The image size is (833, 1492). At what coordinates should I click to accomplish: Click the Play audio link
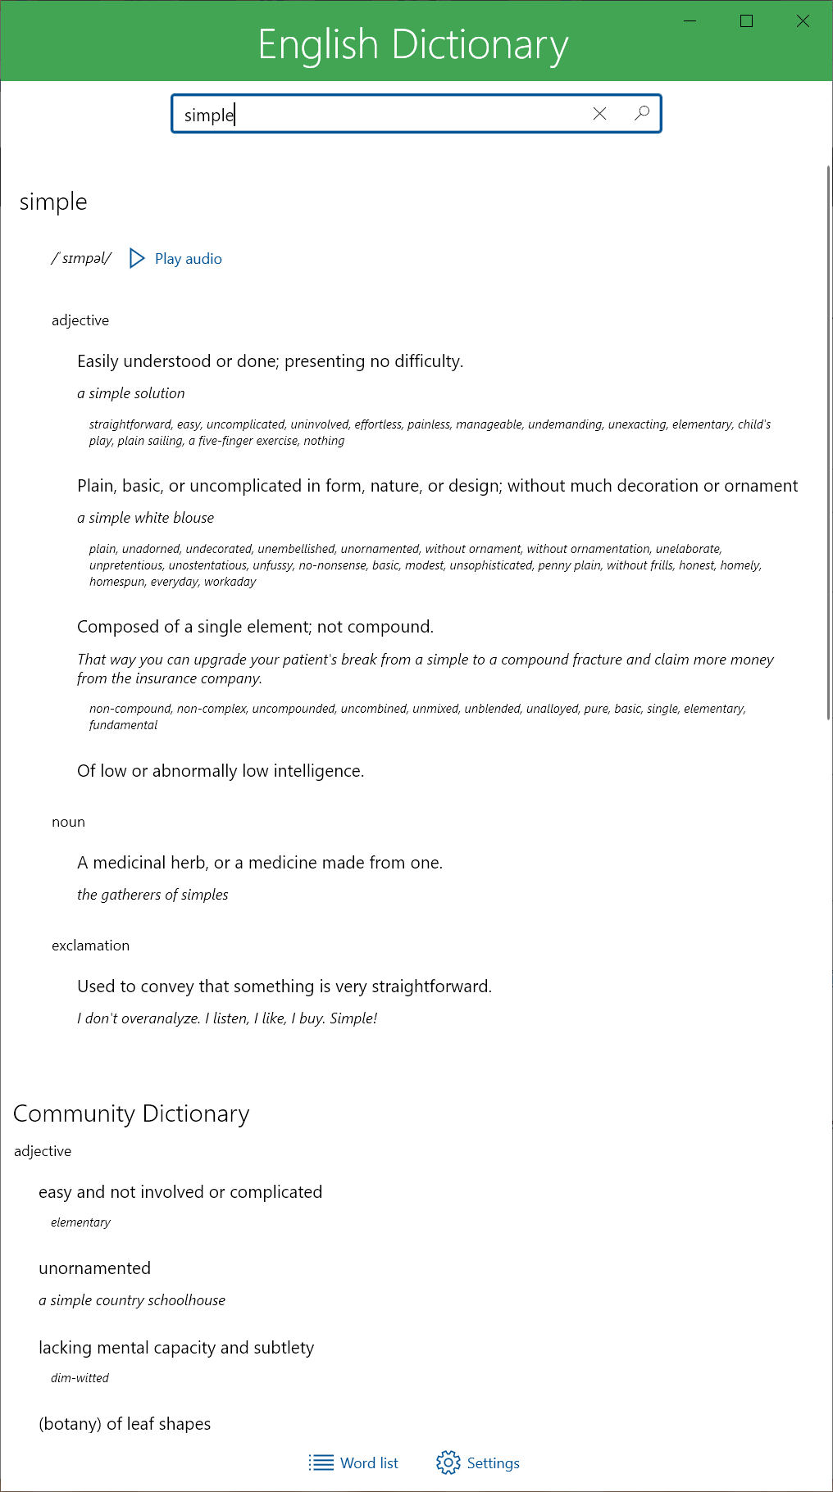[188, 259]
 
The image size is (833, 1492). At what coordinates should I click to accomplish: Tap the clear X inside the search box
[600, 114]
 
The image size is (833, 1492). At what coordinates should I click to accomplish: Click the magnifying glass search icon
[642, 113]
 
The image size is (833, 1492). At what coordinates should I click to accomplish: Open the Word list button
[354, 1463]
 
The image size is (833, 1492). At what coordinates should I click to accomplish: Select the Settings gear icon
[448, 1463]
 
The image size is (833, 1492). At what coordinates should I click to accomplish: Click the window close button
[803, 21]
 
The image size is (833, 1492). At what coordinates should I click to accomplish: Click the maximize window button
[746, 21]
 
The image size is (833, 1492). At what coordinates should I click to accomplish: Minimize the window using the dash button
[690, 21]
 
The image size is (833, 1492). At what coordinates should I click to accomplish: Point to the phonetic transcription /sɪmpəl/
[81, 259]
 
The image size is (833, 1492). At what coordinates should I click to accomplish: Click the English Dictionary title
[413, 44]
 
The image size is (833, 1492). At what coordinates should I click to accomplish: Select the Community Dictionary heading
[131, 1113]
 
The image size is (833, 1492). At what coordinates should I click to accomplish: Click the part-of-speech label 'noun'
[68, 822]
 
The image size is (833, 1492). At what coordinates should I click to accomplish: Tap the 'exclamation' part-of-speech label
[90, 946]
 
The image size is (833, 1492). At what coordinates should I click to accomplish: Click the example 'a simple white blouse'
[145, 518]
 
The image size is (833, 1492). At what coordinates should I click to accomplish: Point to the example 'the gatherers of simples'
[152, 895]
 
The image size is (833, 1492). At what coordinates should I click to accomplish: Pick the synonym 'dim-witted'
[80, 1378]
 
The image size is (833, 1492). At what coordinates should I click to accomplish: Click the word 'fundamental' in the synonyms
[123, 725]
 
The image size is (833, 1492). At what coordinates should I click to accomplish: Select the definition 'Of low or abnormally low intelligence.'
[221, 771]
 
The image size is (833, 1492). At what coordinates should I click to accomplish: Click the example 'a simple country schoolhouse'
[132, 1300]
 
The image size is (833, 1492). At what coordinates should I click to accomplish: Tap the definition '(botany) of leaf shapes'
[125, 1424]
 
